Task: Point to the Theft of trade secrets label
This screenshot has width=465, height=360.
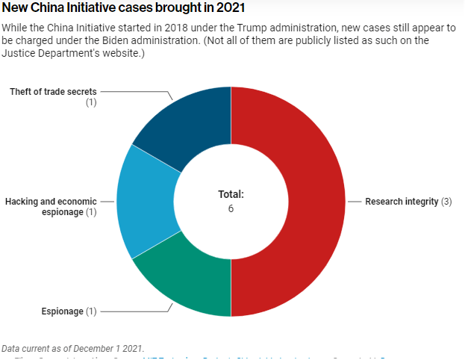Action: click(x=53, y=91)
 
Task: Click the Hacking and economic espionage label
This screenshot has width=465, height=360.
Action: click(x=52, y=207)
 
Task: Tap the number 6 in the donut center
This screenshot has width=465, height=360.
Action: click(x=231, y=208)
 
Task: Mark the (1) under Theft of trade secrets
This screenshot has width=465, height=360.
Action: click(x=91, y=102)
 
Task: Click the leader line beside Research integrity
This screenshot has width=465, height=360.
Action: click(x=355, y=202)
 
